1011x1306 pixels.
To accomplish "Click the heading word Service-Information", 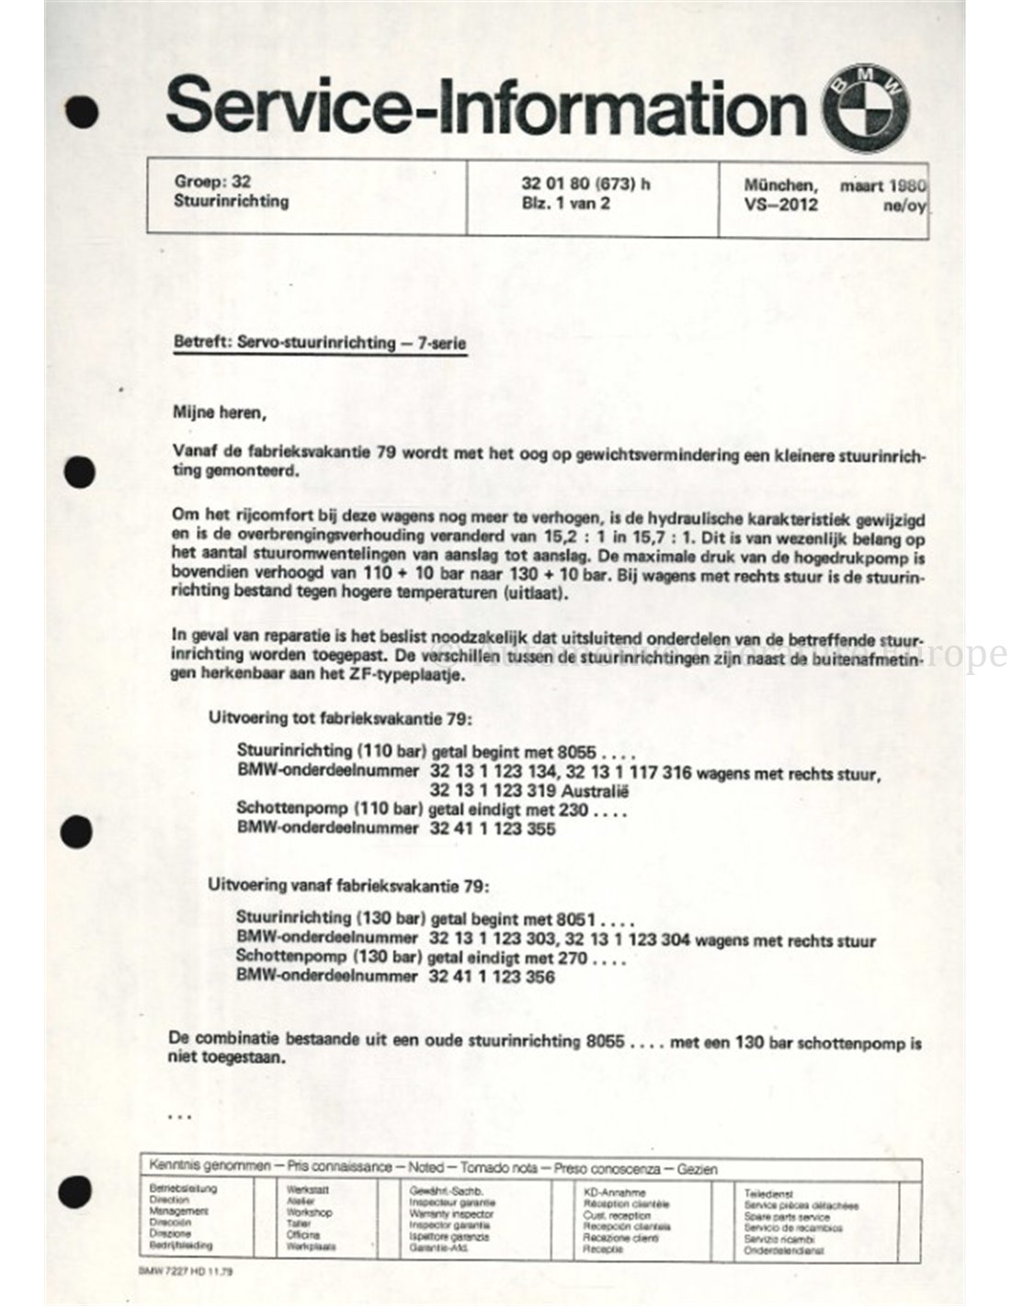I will click(485, 108).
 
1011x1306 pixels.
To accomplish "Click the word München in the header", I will click(780, 184).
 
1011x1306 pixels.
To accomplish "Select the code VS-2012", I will click(780, 204).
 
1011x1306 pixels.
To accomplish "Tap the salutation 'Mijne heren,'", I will click(220, 412).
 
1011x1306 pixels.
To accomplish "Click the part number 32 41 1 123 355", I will click(493, 828).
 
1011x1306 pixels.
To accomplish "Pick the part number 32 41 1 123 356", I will click(492, 977).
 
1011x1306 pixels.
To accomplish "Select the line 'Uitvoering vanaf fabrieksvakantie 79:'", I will click(349, 886).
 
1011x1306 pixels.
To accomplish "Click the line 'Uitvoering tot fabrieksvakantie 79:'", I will click(340, 717).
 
